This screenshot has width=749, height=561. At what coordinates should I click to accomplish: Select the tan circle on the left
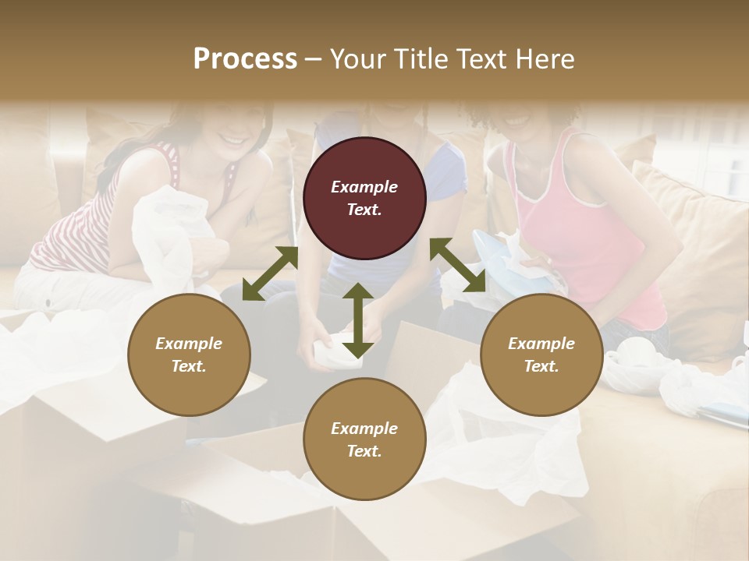tap(189, 355)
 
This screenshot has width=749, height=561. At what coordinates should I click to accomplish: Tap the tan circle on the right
tap(541, 355)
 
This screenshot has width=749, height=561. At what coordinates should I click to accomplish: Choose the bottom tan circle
tap(364, 439)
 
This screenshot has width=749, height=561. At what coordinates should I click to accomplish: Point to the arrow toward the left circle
tap(270, 273)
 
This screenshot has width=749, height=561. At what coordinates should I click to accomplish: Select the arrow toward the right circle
tap(457, 265)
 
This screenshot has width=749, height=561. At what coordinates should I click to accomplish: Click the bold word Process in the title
tap(245, 58)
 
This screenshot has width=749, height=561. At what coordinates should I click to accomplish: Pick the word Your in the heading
tap(359, 58)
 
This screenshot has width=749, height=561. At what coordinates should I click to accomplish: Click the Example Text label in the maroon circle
tap(364, 198)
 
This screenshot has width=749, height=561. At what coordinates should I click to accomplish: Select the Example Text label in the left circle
tap(189, 355)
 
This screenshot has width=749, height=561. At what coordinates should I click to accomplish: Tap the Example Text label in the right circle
tap(541, 355)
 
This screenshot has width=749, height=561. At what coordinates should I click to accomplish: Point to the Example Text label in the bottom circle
tap(364, 439)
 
